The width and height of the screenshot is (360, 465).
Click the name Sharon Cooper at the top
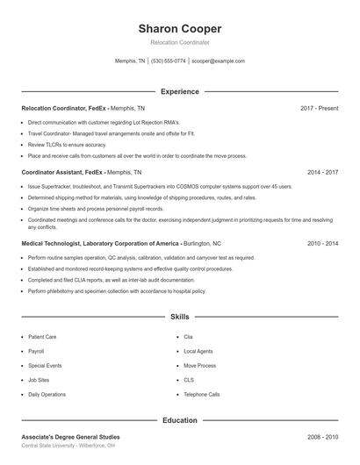180,28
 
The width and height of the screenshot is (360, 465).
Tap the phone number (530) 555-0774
169,61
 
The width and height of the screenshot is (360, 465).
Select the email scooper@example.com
218,61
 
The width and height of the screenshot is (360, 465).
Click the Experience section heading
180,91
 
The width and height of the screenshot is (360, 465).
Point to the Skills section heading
180,317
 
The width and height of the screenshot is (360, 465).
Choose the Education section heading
180,420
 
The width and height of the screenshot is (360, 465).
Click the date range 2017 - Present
319,108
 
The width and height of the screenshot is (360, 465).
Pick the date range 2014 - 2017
322,173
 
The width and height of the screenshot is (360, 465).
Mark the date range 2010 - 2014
322,243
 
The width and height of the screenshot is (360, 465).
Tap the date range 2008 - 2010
322,437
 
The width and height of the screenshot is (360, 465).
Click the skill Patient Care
42,336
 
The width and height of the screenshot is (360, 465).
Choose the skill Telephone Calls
201,394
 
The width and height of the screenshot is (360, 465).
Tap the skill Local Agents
198,351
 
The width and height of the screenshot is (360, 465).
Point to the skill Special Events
44,365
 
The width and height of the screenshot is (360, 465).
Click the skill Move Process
199,365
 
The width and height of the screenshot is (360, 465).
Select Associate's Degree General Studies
70,437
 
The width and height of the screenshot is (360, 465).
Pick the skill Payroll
36,351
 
